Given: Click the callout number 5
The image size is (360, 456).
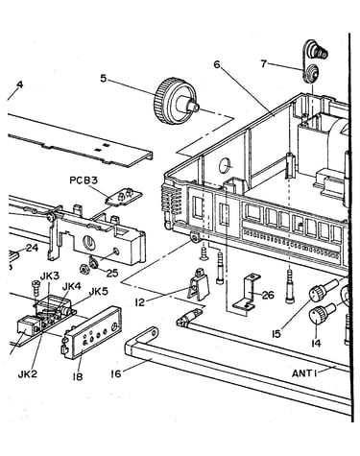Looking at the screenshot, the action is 103,78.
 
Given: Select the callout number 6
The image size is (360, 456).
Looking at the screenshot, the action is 217,64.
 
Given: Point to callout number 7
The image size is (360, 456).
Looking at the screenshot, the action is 263,63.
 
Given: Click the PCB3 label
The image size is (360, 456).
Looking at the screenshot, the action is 84,180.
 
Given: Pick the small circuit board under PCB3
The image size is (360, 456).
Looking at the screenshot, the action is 124,197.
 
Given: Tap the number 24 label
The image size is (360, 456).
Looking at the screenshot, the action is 32,248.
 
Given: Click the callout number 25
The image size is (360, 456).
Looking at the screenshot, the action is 112,273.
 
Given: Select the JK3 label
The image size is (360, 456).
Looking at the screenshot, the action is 49,276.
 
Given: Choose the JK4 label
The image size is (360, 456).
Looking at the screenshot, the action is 72,286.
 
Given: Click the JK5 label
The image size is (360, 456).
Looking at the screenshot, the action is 98,292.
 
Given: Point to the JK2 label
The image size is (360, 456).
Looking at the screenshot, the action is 28,374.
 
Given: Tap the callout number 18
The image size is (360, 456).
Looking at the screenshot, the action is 78,376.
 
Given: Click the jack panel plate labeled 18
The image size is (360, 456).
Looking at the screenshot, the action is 91,333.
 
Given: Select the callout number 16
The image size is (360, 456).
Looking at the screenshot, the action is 116,373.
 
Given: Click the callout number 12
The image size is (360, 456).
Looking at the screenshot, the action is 139,302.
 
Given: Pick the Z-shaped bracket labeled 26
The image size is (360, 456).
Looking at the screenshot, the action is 247,293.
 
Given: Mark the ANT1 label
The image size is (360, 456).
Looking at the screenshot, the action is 304,373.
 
